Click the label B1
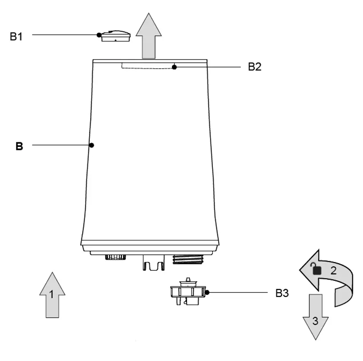click(x=16, y=36)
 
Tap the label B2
click(x=255, y=67)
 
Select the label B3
click(x=283, y=293)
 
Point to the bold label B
click(x=19, y=146)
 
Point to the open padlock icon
click(x=315, y=269)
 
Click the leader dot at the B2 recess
click(x=175, y=68)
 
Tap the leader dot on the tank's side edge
click(x=92, y=145)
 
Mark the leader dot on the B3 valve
click(x=207, y=292)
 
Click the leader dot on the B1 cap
click(x=99, y=35)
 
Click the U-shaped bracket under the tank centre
click(x=153, y=263)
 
